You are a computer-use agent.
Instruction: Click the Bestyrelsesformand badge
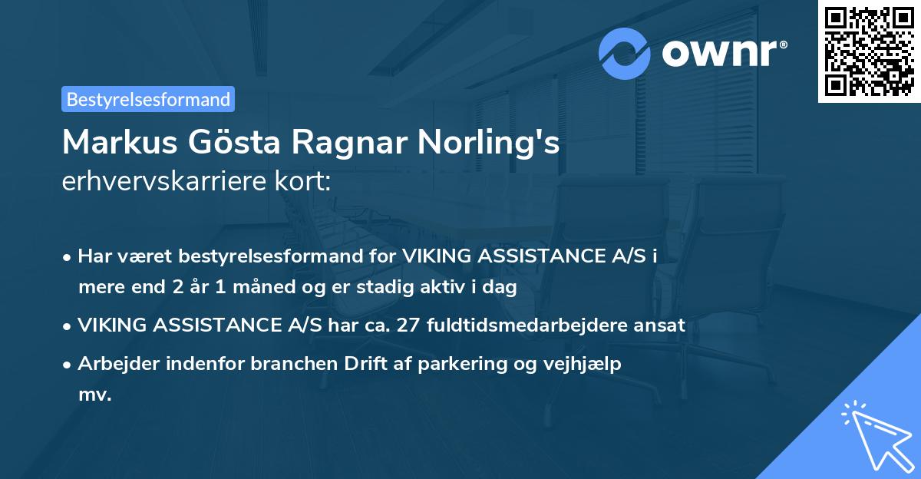coord(148,99)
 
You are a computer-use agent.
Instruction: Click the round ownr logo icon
coord(625,54)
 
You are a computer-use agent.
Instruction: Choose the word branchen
coord(289,364)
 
